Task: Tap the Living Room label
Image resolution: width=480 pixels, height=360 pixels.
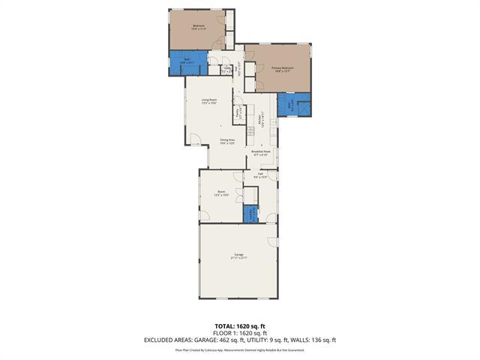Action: (208, 101)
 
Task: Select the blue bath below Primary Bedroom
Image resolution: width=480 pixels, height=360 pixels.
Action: (289, 105)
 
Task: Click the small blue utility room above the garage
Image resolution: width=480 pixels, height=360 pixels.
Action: (250, 214)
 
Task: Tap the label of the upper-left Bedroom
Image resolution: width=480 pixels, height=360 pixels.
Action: (198, 28)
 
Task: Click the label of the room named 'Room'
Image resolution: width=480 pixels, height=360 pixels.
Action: (221, 193)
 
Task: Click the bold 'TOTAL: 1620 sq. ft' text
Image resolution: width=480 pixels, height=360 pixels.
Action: (240, 326)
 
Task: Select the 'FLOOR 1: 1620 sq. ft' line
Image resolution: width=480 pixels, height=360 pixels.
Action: (240, 333)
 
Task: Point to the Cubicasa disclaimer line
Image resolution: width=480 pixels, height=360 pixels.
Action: (240, 349)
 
